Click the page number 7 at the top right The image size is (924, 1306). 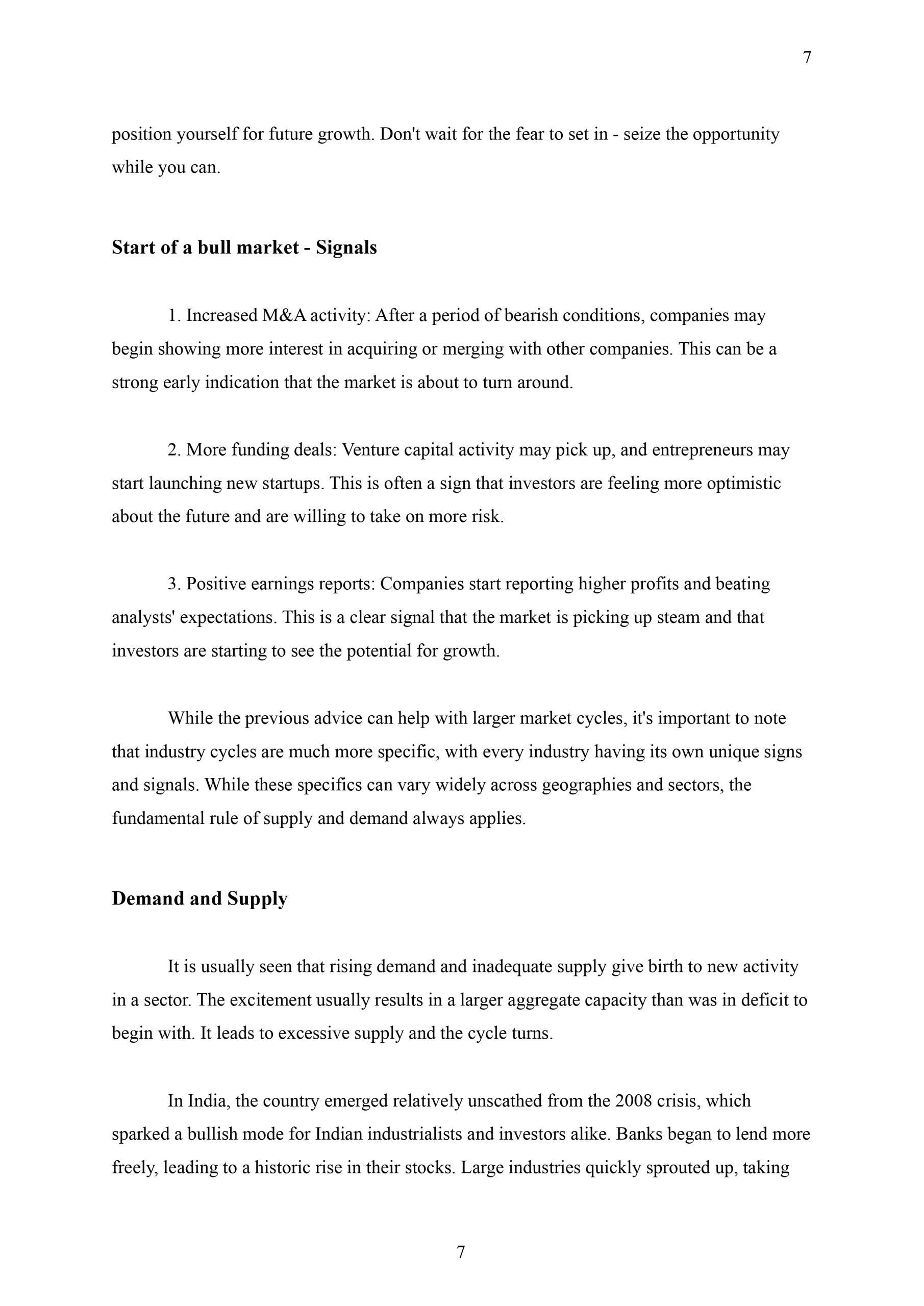807,58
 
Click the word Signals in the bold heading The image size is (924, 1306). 346,247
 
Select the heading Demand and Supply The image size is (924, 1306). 199,898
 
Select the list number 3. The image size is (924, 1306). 173,584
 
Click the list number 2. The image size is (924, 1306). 173,449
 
